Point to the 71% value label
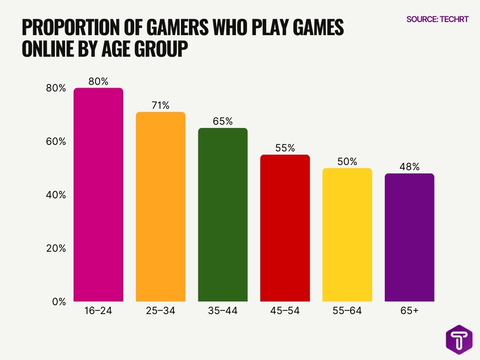160,105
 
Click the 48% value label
409,167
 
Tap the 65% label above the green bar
223,121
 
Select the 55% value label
285,148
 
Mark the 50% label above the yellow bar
347,162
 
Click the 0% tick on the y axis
59,302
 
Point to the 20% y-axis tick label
56,248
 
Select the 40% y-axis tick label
56,195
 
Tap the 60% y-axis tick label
56,142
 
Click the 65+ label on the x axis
409,311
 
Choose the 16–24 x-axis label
98,311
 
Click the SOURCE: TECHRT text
437,20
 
